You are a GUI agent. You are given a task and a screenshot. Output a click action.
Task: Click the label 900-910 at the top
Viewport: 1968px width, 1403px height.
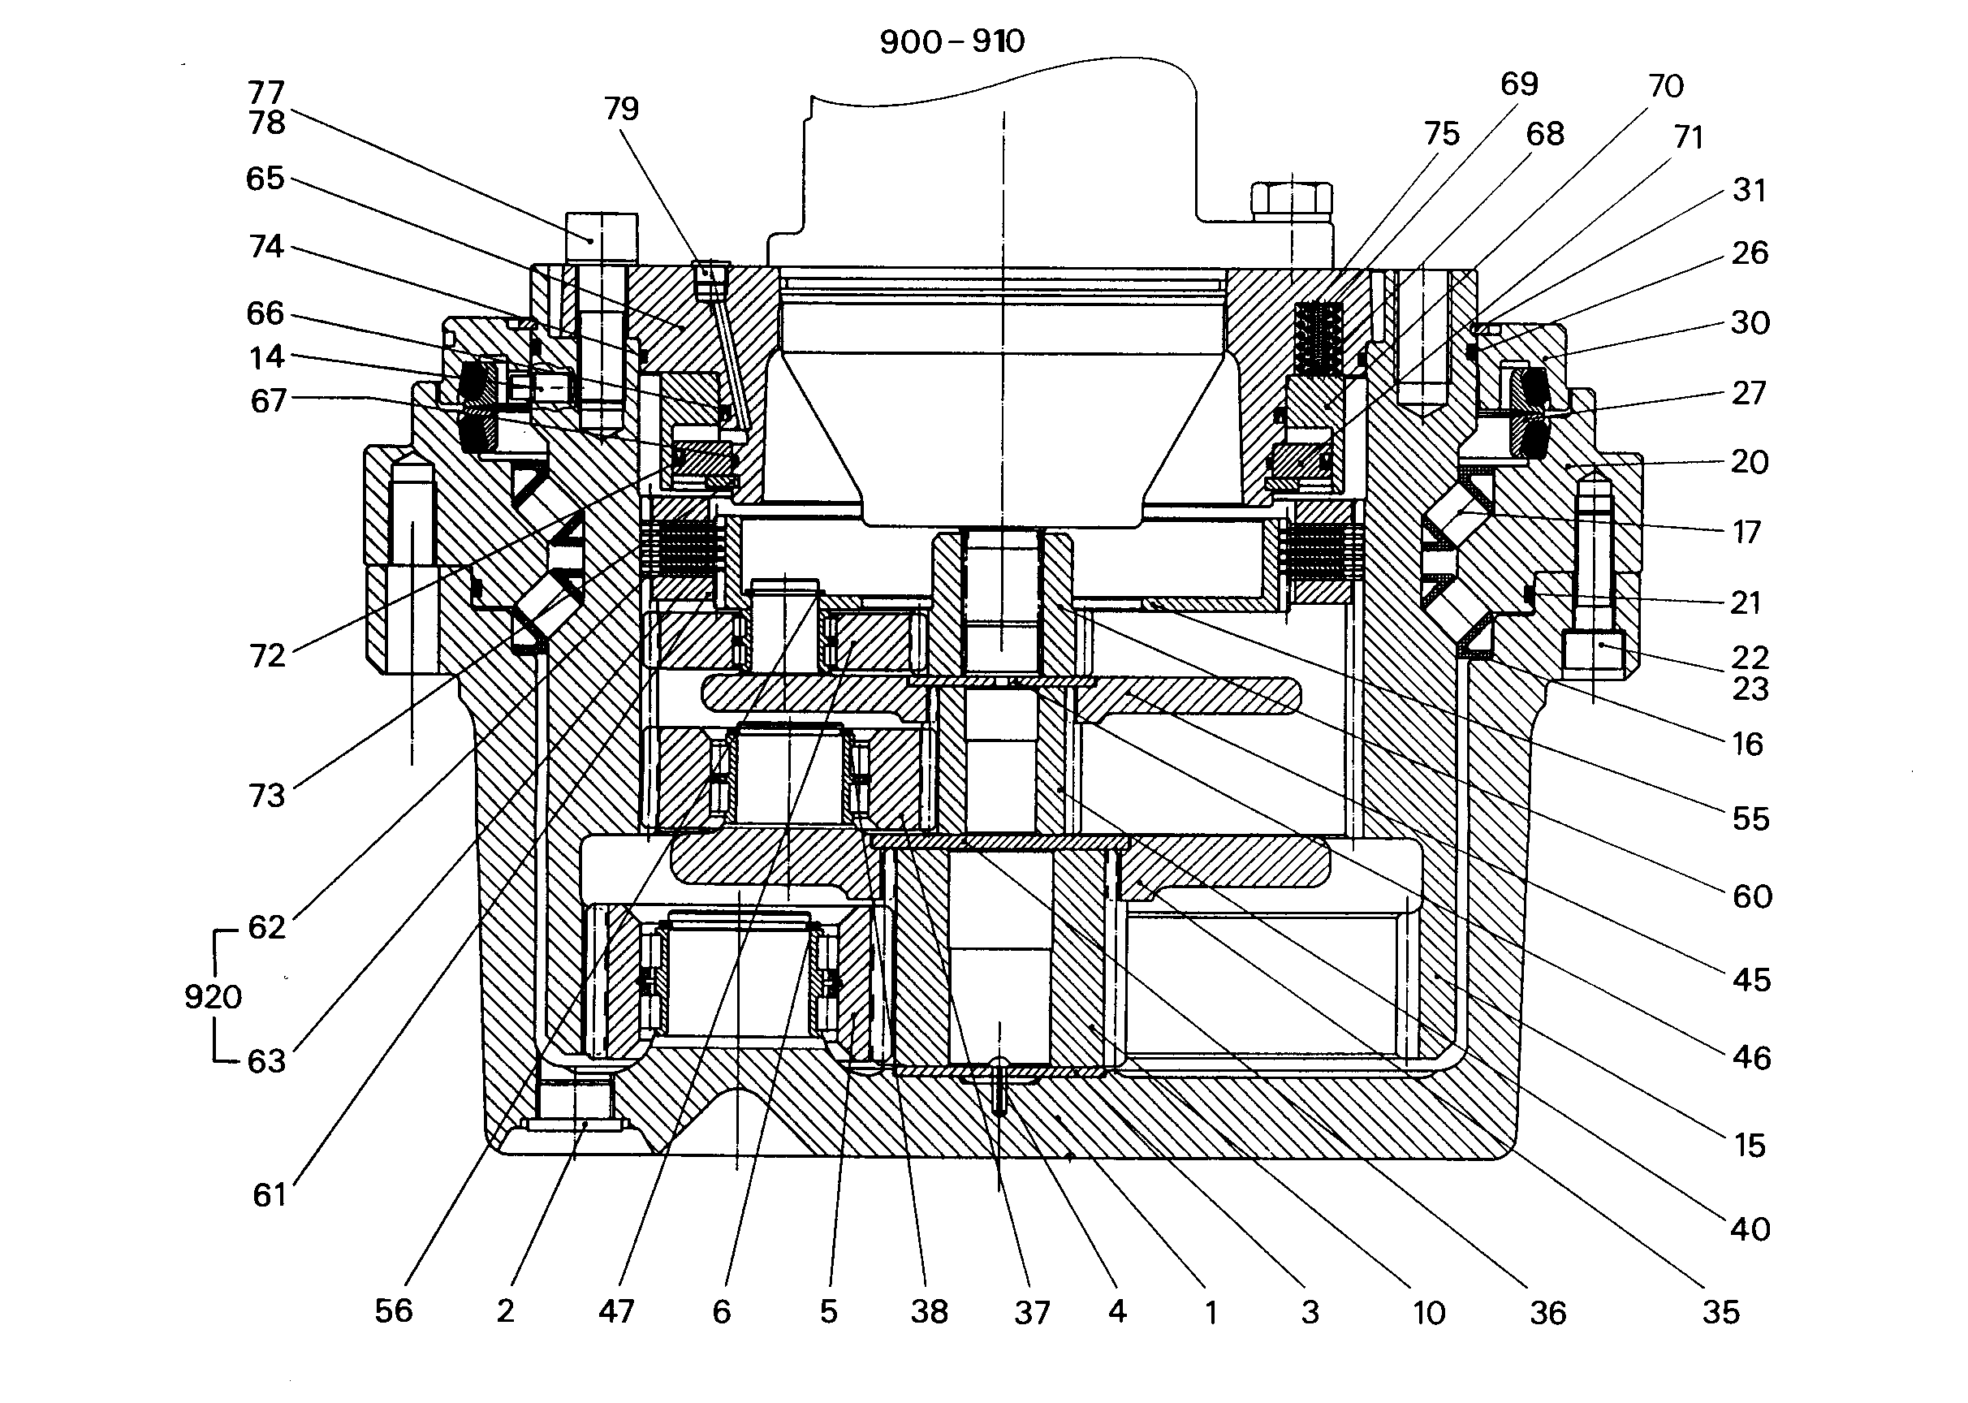pyautogui.click(x=952, y=41)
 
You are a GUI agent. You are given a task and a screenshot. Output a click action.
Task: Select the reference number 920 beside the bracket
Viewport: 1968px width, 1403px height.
pyautogui.click(x=213, y=997)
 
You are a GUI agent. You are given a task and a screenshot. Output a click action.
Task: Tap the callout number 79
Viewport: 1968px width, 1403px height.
pyautogui.click(x=621, y=109)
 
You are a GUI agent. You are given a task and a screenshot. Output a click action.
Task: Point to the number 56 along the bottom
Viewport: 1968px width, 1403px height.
pyautogui.click(x=394, y=1310)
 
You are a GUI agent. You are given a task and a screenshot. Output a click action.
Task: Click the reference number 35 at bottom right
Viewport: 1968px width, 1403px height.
pyautogui.click(x=1720, y=1312)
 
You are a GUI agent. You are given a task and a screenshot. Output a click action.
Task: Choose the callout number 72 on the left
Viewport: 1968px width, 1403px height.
pyautogui.click(x=266, y=656)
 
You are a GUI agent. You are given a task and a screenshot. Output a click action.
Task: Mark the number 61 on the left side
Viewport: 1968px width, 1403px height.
pyautogui.click(x=269, y=1195)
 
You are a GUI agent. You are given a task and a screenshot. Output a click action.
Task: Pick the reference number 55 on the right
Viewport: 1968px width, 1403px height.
pyautogui.click(x=1750, y=818)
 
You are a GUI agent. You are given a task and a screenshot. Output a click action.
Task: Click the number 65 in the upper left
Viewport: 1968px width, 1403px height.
pyautogui.click(x=265, y=179)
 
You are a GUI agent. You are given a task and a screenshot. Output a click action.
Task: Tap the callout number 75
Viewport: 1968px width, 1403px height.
pyautogui.click(x=1442, y=134)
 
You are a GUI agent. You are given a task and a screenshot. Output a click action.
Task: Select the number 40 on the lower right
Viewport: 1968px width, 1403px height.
pyautogui.click(x=1750, y=1228)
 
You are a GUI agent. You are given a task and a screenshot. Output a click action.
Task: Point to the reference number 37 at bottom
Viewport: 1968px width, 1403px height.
pyautogui.click(x=1032, y=1313)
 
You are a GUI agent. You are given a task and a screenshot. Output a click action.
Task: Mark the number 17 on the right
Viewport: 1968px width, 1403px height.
pyautogui.click(x=1747, y=532)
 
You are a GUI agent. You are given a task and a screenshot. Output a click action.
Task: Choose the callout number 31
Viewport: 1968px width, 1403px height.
pyautogui.click(x=1750, y=190)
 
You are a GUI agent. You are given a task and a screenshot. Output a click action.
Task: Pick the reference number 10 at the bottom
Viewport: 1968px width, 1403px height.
pyautogui.click(x=1429, y=1313)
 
